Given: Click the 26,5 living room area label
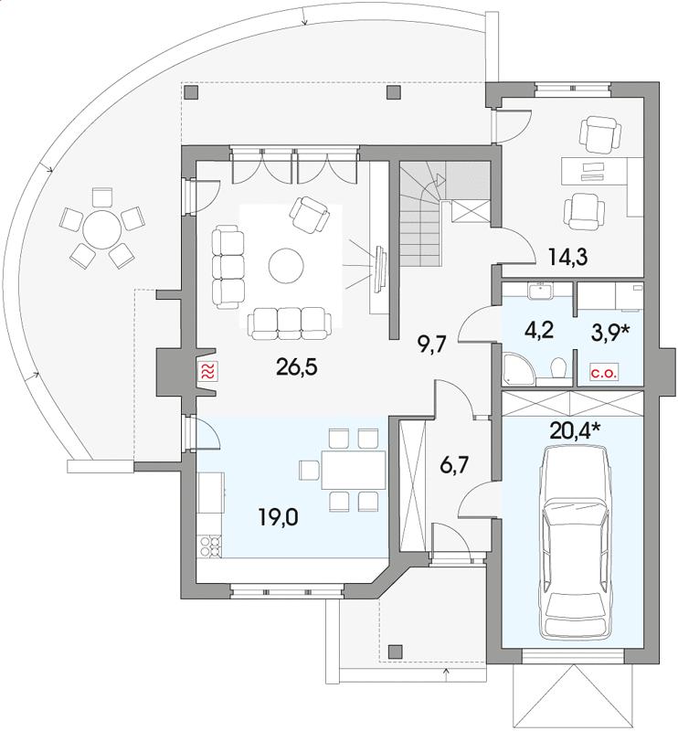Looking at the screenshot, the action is pyautogui.click(x=297, y=367).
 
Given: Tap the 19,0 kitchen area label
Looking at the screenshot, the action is pyautogui.click(x=279, y=517).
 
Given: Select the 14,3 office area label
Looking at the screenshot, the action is pyautogui.click(x=567, y=257).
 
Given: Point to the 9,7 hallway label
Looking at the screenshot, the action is pyautogui.click(x=432, y=345).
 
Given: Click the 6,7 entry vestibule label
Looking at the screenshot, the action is pyautogui.click(x=454, y=465).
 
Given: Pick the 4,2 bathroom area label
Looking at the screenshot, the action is pyautogui.click(x=538, y=330).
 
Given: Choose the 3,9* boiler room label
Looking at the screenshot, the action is pyautogui.click(x=610, y=333).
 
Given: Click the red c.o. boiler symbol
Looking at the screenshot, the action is pyautogui.click(x=604, y=373).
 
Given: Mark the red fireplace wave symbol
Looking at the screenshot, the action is pyautogui.click(x=208, y=371).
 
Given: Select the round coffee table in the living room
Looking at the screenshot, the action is pyautogui.click(x=286, y=266).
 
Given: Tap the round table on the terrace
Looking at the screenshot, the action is pyautogui.click(x=101, y=229).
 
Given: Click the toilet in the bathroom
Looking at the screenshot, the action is pyautogui.click(x=558, y=368).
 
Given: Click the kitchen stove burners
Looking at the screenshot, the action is pyautogui.click(x=210, y=546).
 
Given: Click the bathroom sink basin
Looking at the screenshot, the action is pyautogui.click(x=540, y=291).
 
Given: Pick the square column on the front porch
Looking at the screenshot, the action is pyautogui.click(x=396, y=651).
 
